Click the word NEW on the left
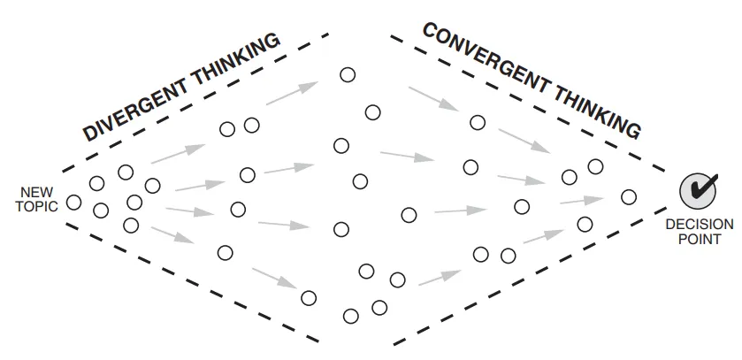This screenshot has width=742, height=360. coord(38,192)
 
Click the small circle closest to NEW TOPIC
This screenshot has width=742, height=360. coord(74,203)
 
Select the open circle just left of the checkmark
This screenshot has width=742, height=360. coord(629,196)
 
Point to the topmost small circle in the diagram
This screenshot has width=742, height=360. coord(348,75)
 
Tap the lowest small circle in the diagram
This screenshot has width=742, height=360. coord(351,315)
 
